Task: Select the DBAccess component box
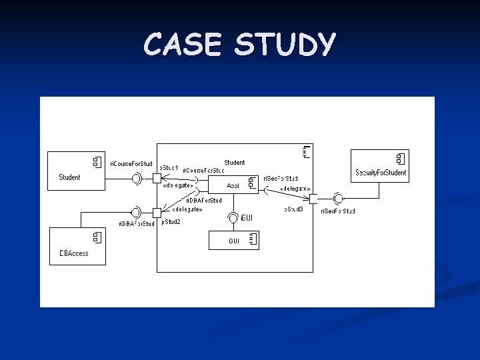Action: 77,246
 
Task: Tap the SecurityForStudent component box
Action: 380,166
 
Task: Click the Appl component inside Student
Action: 233,185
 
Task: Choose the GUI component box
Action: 233,241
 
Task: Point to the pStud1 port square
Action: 157,178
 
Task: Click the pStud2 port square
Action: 157,213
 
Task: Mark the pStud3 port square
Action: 314,198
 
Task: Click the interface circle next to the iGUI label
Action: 233,217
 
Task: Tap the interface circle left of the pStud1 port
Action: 137,177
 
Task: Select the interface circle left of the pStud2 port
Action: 136,213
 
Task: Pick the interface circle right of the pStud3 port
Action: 338,198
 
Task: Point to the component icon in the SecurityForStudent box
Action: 400,159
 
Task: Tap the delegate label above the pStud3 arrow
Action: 295,189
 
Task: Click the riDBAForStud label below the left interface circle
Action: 136,224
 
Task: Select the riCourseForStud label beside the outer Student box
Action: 131,163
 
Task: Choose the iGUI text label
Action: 247,218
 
